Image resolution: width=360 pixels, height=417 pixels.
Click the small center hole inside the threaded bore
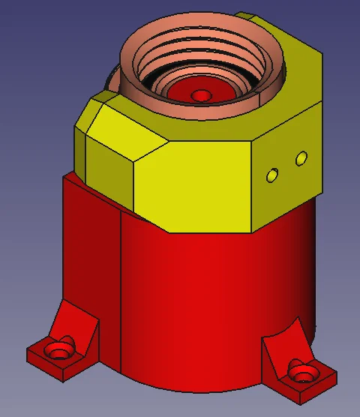tap(200, 95)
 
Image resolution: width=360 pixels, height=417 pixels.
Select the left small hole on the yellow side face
tap(273, 175)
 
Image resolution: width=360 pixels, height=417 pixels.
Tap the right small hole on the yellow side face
tap(301, 158)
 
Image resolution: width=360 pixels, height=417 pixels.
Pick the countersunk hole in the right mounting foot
tap(303, 371)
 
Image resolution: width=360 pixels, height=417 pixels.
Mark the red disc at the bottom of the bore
tap(184, 94)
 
